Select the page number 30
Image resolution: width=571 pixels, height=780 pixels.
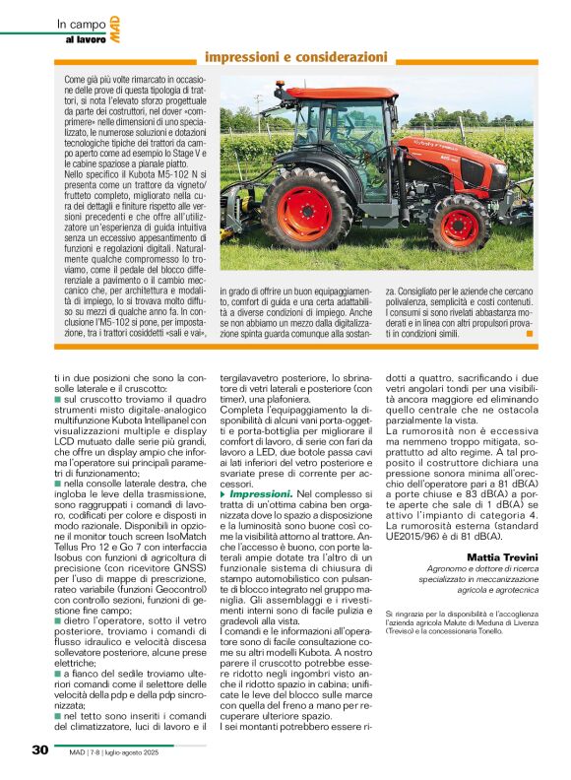[40, 749]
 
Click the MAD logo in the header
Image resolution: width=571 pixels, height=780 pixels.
[116, 32]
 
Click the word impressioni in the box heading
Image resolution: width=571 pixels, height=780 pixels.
[250, 57]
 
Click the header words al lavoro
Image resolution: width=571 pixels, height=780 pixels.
[86, 38]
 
